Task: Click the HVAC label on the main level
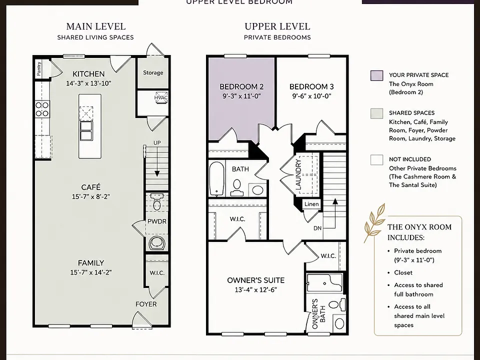[x=161, y=97]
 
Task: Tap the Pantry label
[x=39, y=68]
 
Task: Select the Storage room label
[x=153, y=72]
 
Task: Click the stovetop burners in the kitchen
[x=42, y=109]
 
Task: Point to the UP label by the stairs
[x=157, y=143]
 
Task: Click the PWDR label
[x=156, y=221]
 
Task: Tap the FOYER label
[x=146, y=304]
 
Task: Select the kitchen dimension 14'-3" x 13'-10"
[x=88, y=83]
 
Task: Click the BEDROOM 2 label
[x=241, y=86]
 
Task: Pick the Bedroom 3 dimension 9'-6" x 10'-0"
[x=311, y=96]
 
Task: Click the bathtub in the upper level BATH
[x=217, y=179]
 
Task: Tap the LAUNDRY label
[x=298, y=174]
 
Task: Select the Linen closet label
[x=311, y=204]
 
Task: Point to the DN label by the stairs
[x=317, y=228]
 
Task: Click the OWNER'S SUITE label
[x=256, y=280]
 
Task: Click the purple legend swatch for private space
[x=376, y=75]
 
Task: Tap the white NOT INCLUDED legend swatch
[x=376, y=160]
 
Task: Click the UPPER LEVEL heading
[x=277, y=26]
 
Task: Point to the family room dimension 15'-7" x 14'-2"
[x=91, y=272]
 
